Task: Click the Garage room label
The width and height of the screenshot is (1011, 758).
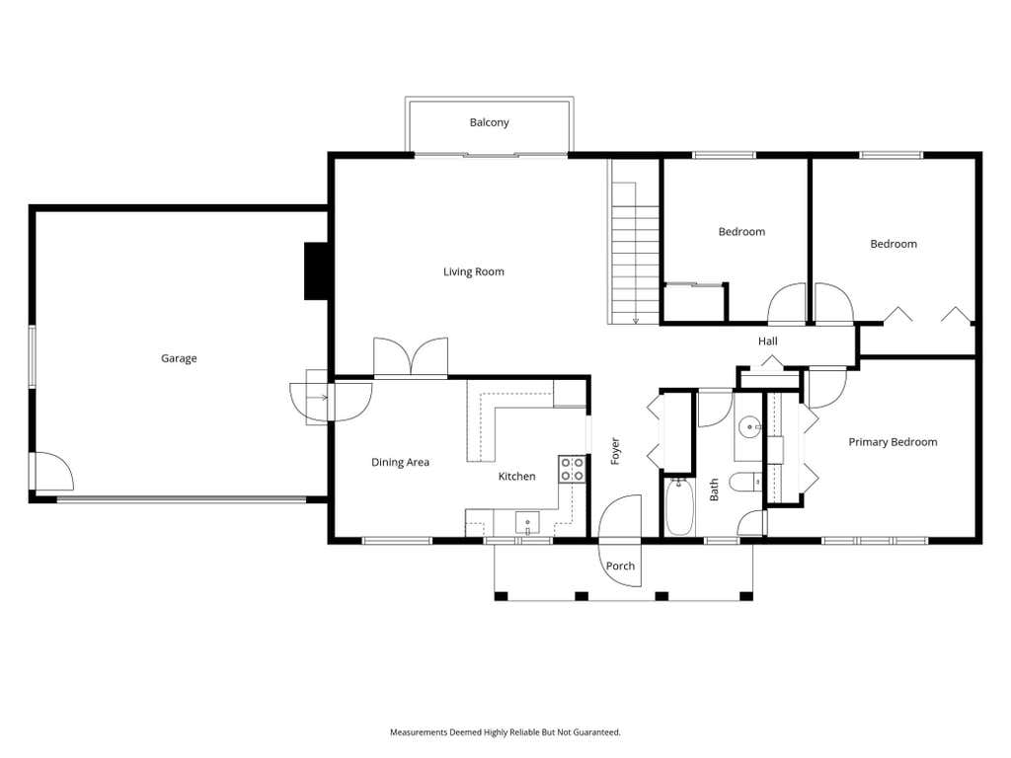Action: point(179,358)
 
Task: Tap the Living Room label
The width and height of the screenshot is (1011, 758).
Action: point(473,272)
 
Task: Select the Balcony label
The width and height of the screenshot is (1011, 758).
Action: point(489,122)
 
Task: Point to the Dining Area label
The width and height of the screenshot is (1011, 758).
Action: point(400,462)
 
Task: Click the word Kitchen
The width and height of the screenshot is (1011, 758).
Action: point(516,477)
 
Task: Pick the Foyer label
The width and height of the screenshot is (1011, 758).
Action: point(615,451)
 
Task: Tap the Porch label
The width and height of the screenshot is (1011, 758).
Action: point(620,566)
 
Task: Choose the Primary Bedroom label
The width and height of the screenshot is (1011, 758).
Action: point(893,442)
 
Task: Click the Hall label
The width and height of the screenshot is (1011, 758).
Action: point(767,341)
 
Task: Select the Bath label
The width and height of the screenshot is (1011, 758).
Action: point(715,490)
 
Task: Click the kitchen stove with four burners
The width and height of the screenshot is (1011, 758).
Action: point(572,469)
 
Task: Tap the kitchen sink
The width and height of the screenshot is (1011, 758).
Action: point(527,523)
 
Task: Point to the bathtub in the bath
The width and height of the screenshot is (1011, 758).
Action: point(679,506)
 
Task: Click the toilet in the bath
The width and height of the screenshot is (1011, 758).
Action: point(745,482)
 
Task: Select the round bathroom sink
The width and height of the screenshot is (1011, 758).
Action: point(748,426)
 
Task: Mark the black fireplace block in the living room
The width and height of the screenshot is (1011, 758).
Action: point(316,270)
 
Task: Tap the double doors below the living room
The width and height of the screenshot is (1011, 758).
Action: point(411,356)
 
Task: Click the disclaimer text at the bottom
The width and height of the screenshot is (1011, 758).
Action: point(505,732)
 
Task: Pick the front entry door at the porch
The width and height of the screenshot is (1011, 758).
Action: point(620,516)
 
